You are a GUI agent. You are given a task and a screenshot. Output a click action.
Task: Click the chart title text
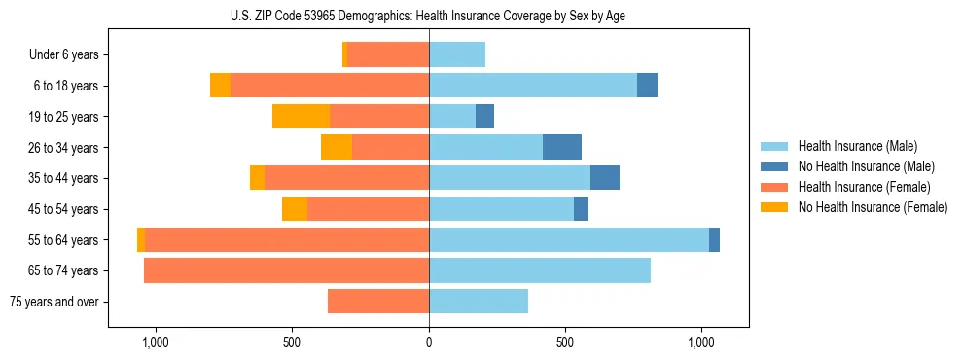coord(428,15)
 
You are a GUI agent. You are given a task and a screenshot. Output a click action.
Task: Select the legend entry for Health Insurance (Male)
coord(857,146)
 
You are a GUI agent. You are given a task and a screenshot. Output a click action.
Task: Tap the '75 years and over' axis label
coord(54,302)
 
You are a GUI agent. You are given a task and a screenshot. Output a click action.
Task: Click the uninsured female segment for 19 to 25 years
coord(301,117)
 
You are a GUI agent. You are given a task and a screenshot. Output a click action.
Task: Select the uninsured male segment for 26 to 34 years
coord(562,147)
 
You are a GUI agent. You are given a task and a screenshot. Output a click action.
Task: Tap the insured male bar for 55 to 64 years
coord(569,239)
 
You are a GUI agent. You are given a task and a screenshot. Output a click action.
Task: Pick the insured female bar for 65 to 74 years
coord(286,270)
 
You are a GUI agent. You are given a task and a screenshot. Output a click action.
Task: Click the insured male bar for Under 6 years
coord(457,55)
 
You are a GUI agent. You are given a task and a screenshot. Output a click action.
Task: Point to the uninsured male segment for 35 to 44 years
coord(605,178)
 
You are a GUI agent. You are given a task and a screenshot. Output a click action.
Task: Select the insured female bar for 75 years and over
coord(378,302)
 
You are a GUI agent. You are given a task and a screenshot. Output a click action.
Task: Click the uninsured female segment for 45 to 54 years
coord(295,209)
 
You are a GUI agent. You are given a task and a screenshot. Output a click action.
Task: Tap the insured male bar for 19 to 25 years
coord(452,117)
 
